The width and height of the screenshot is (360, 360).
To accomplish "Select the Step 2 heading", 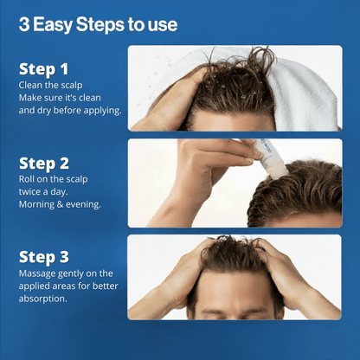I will [x=45, y=163].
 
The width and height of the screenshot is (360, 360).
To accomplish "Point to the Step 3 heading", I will [x=45, y=257].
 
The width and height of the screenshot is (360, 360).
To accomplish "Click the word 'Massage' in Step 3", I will [x=38, y=274].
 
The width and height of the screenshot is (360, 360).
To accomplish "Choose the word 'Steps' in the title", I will [x=104, y=24].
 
